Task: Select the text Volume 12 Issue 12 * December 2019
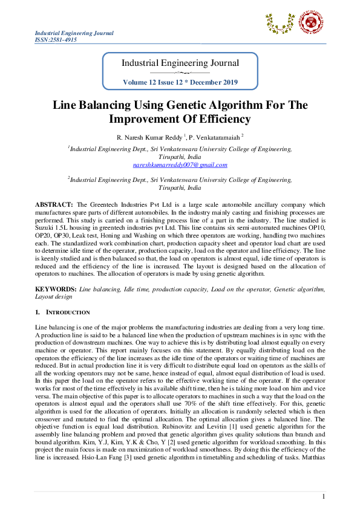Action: [x=180, y=82]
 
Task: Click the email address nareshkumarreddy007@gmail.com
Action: [x=180, y=164]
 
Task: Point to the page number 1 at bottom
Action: [x=324, y=496]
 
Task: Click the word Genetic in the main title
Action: [x=195, y=105]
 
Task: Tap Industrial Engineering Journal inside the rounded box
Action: [x=180, y=63]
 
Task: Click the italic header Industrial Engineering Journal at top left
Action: [x=74, y=33]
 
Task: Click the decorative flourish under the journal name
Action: [x=180, y=73]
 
